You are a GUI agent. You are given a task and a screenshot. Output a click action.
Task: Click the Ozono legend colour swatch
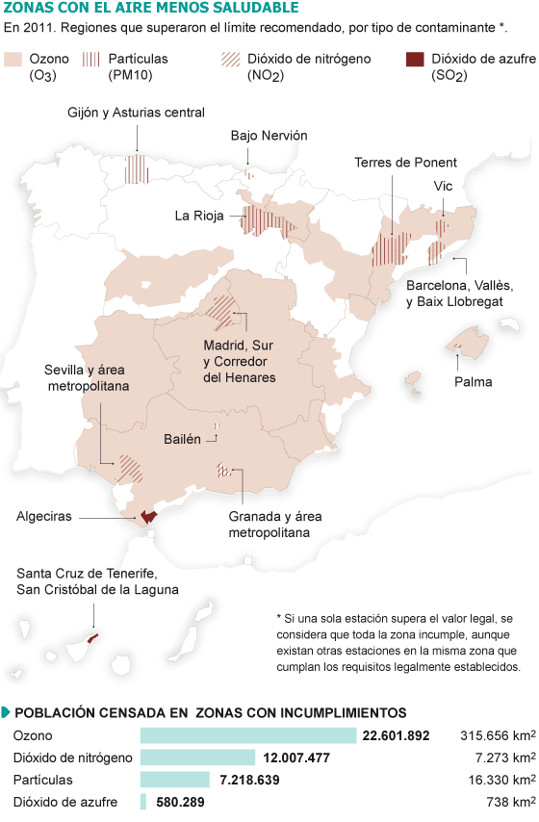click(14, 60)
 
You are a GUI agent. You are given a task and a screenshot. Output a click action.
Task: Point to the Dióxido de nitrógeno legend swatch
click(231, 60)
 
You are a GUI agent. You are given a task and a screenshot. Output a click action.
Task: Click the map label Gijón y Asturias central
click(136, 113)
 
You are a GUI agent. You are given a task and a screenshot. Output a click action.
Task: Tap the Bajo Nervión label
click(269, 136)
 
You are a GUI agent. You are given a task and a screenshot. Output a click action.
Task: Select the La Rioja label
click(199, 216)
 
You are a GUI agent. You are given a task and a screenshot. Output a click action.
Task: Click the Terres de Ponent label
click(405, 162)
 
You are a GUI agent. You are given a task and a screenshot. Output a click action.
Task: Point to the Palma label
click(473, 381)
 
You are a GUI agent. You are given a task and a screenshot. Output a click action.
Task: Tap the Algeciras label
click(44, 517)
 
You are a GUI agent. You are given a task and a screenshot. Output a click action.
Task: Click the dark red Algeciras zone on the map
click(148, 516)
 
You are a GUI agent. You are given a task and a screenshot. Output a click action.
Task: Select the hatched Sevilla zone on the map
click(129, 468)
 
